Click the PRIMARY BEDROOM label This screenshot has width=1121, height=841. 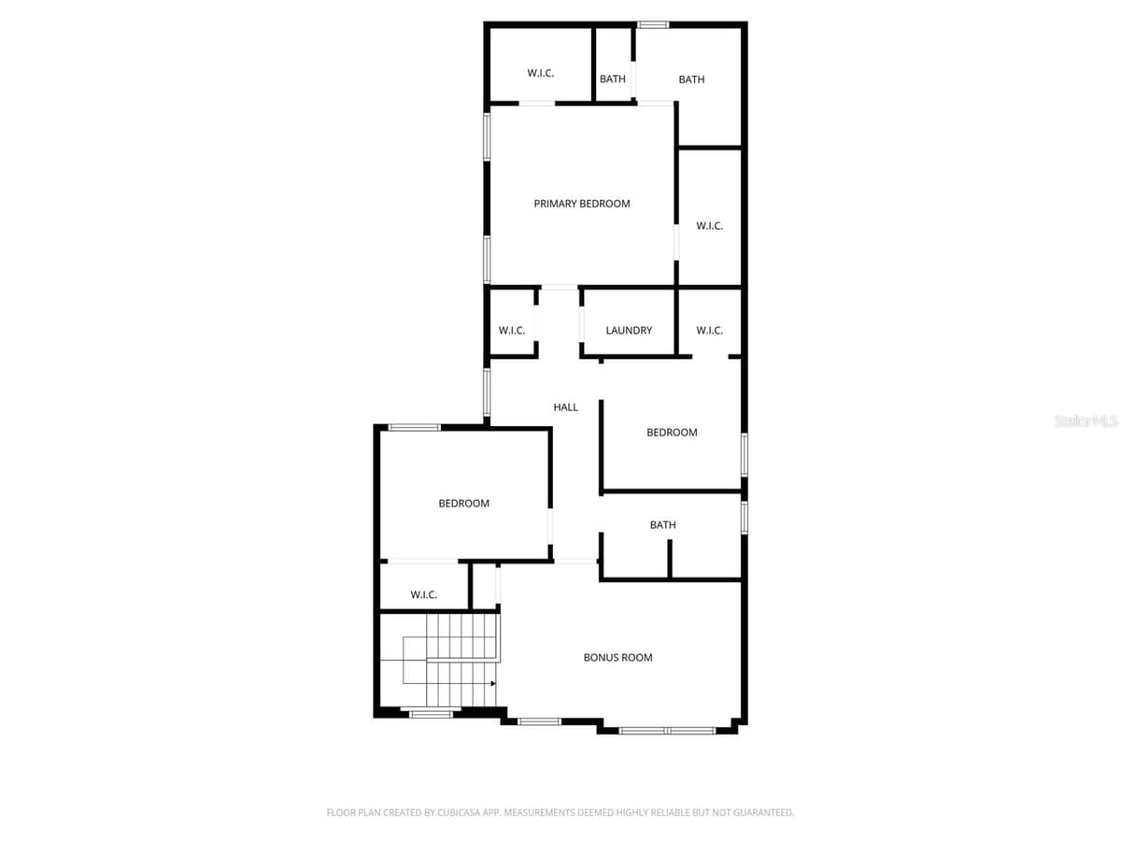(x=582, y=204)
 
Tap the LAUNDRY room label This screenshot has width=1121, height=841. (x=629, y=331)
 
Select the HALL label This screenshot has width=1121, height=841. (x=565, y=407)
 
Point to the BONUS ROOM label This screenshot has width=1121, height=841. (x=618, y=657)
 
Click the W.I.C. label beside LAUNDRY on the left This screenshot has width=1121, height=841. (x=512, y=331)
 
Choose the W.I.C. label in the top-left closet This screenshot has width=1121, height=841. (x=540, y=73)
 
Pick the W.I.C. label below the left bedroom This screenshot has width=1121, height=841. (x=423, y=594)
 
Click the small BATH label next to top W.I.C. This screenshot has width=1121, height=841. (x=612, y=79)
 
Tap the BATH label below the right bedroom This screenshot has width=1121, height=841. (x=662, y=524)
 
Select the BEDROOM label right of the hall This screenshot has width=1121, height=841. (x=672, y=433)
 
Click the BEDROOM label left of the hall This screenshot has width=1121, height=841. (x=463, y=504)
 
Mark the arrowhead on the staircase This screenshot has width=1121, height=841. (x=493, y=683)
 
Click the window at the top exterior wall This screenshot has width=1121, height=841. (x=653, y=24)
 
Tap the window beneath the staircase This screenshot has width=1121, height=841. (x=431, y=714)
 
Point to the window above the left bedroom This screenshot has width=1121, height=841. (x=414, y=427)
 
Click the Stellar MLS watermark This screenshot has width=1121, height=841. (x=1086, y=420)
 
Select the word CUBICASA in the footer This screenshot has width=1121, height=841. (x=457, y=812)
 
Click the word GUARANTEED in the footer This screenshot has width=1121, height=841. (x=762, y=812)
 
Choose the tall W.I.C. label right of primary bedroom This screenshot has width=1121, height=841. (x=709, y=226)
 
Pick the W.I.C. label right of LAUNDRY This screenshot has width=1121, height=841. (x=709, y=331)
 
